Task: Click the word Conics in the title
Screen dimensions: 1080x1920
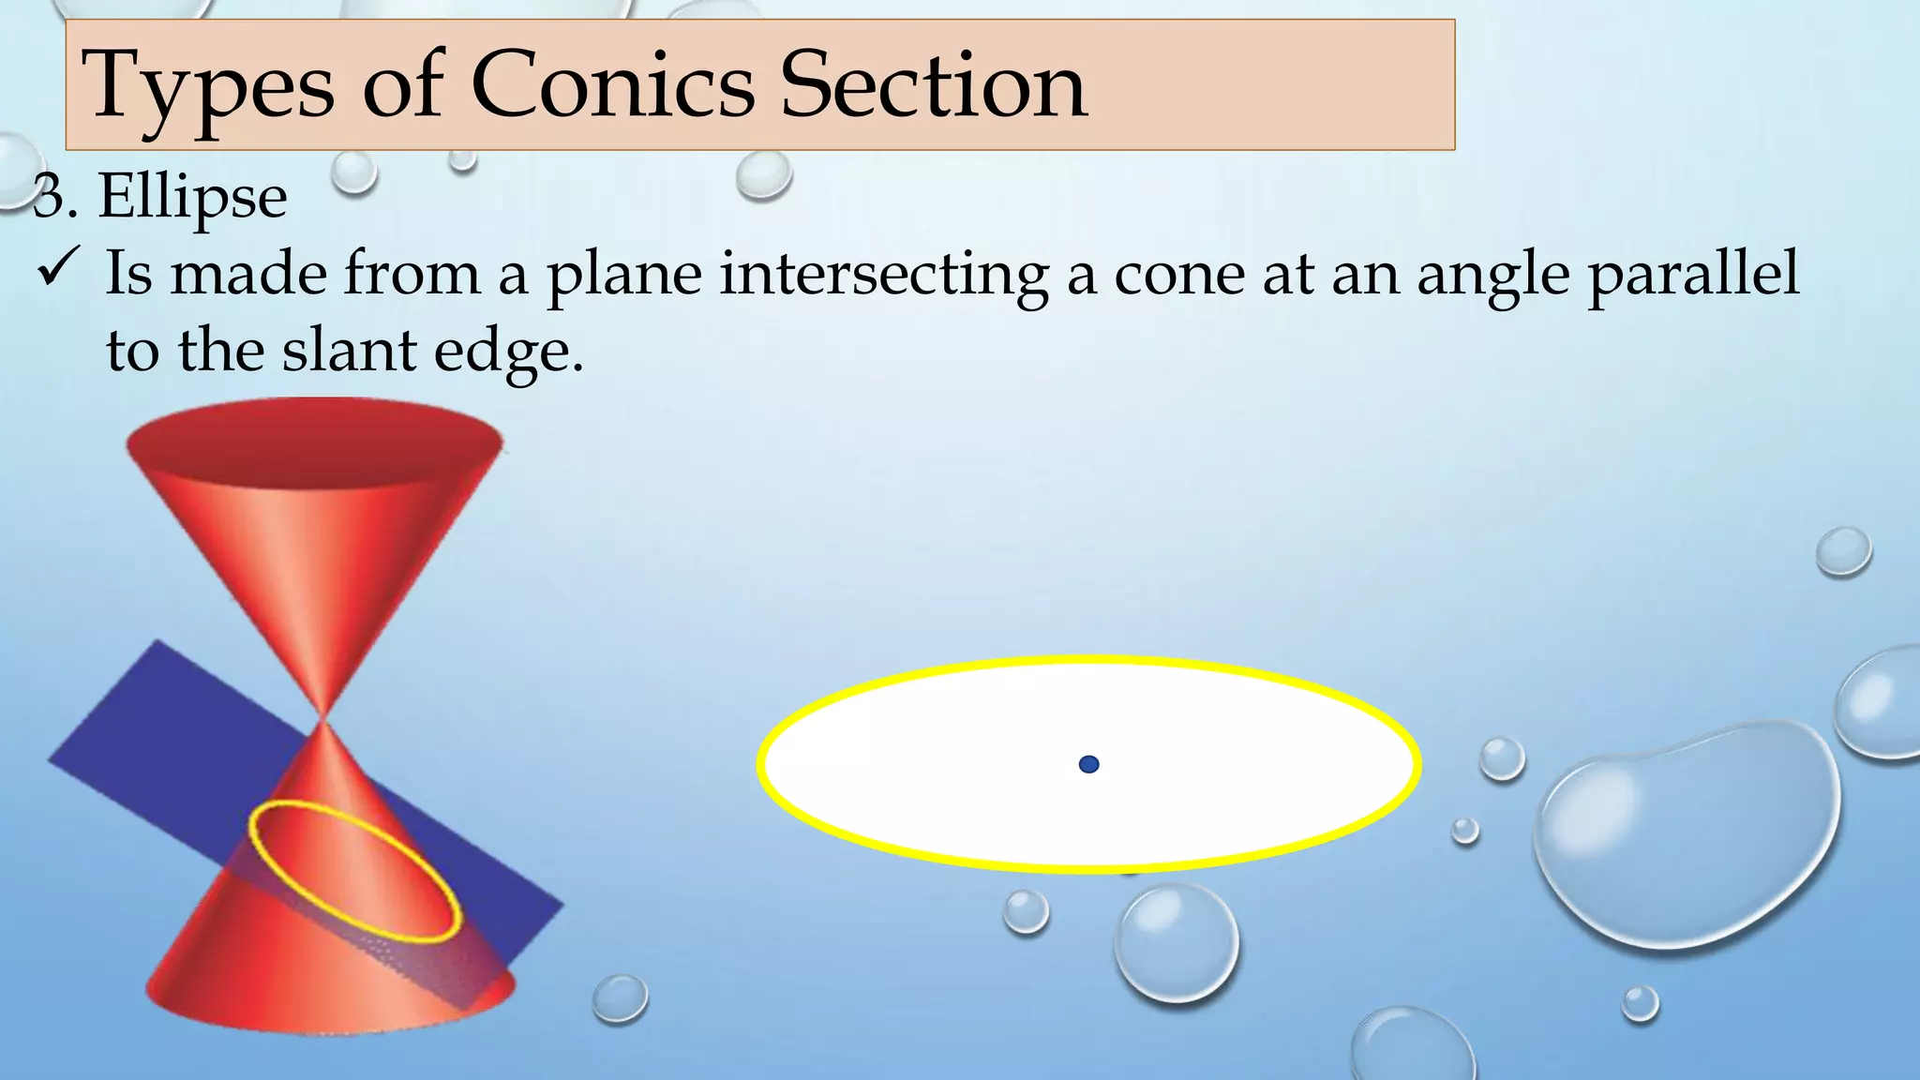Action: click(x=612, y=86)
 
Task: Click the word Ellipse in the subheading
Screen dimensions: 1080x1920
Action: click(x=192, y=197)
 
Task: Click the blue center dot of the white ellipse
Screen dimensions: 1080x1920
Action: click(x=1088, y=764)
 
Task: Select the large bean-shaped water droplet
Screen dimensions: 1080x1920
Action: click(x=1687, y=834)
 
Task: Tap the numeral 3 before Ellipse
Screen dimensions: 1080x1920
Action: click(x=49, y=199)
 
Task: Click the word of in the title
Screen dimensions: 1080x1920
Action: click(x=403, y=86)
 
